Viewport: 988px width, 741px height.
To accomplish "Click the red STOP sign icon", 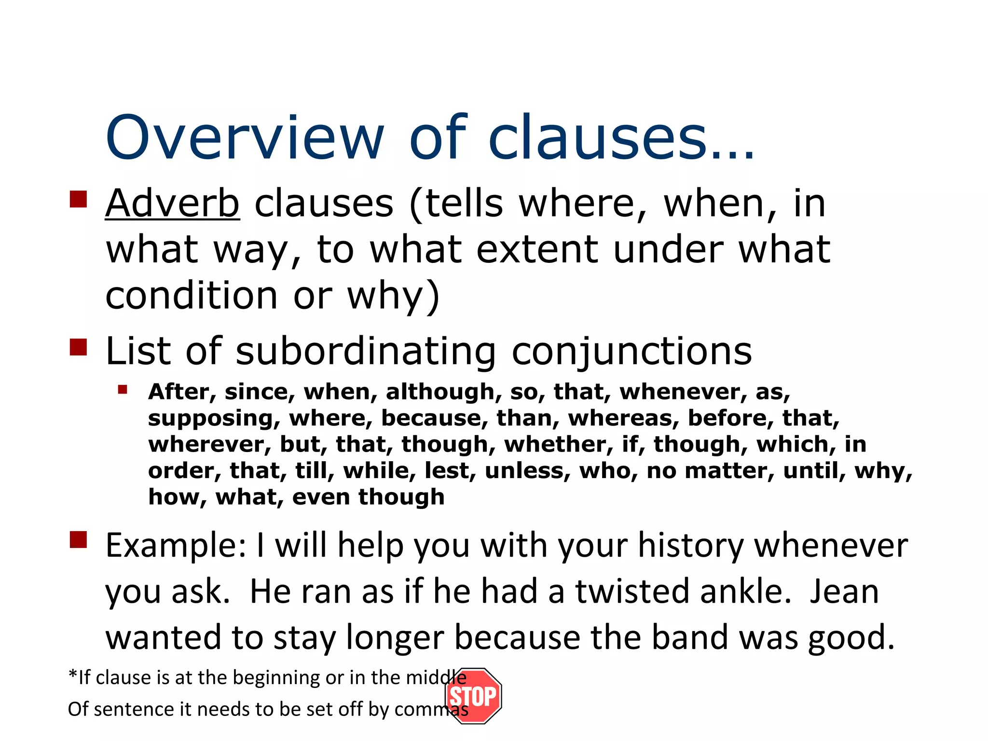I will coord(473,696).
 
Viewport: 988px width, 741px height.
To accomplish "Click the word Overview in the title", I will coord(245,138).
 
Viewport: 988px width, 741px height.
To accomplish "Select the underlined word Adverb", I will coord(172,204).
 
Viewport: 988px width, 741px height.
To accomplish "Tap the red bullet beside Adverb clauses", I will coord(78,199).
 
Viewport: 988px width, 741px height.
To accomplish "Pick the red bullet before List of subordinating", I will coord(78,347).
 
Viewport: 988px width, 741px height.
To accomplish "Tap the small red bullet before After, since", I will coord(123,389).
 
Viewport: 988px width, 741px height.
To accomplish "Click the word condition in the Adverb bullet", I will coord(192,295).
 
